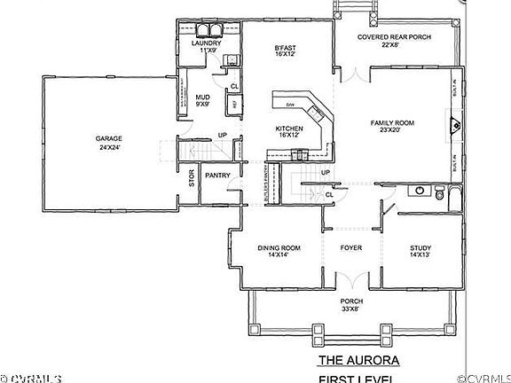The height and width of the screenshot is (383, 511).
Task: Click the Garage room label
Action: [109, 143]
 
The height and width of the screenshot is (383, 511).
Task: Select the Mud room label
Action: [202, 100]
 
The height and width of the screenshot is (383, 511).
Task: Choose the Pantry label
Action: [218, 175]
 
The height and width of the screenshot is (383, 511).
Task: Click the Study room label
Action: [421, 251]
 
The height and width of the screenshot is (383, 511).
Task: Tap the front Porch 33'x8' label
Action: [352, 306]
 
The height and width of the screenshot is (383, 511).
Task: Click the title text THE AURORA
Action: [358, 361]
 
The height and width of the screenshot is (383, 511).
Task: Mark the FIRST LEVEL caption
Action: [358, 379]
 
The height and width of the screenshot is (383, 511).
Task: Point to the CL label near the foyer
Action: [328, 194]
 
